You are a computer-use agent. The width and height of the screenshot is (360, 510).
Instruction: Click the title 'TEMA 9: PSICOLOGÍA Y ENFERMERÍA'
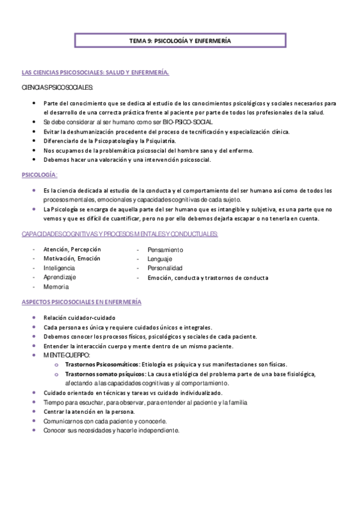180,41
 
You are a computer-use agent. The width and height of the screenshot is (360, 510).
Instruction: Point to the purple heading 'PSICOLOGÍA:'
39,174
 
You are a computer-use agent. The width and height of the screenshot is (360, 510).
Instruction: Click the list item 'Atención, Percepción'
72,249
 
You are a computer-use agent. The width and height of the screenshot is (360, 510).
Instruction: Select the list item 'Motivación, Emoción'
72,259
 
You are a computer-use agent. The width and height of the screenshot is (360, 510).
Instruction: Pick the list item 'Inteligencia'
59,268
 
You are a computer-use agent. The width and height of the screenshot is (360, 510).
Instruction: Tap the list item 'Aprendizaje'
59,277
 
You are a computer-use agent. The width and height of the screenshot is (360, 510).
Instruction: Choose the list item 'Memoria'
56,287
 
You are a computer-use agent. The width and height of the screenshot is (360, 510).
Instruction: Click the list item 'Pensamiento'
165,250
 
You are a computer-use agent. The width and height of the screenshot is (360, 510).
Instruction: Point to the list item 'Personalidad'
165,268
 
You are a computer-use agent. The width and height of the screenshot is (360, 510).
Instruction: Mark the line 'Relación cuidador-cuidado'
79,318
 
